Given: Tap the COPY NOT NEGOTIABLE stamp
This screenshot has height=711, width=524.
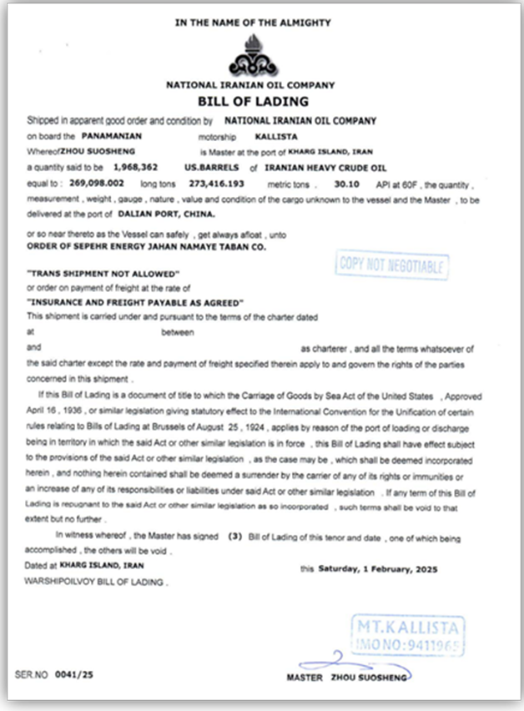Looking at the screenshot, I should pos(392,266).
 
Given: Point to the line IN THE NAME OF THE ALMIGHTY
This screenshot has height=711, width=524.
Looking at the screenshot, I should pos(252,23).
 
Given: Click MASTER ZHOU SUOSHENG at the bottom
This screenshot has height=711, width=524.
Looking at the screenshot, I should pos(345,678).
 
